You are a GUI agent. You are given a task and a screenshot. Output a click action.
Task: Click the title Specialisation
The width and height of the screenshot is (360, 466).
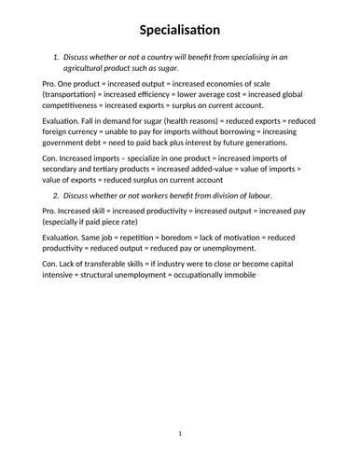click(x=180, y=30)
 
